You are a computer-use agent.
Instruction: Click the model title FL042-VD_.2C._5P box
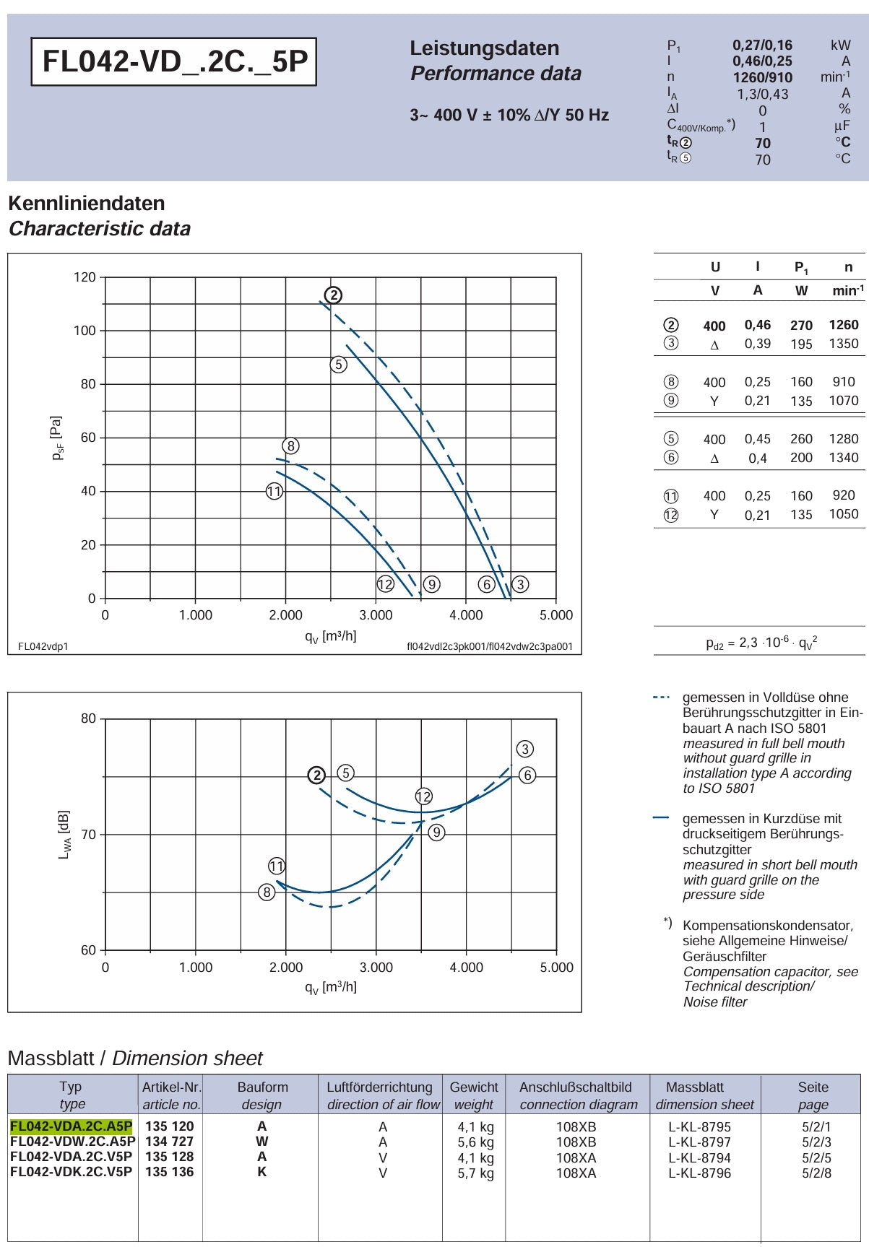tap(173, 61)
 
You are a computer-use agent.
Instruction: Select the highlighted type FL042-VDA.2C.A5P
tap(72, 1126)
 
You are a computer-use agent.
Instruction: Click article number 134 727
tap(170, 1141)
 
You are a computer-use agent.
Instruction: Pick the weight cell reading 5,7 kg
tap(476, 1173)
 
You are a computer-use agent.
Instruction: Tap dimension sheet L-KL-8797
tap(699, 1142)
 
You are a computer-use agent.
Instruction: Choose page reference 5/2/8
tap(816, 1173)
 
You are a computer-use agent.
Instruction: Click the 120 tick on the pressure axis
tap(85, 277)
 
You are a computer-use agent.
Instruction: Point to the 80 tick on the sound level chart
tap(88, 718)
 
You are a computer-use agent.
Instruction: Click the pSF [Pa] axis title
tap(57, 438)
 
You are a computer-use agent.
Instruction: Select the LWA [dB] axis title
tap(64, 834)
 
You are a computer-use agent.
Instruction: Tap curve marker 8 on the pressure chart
tap(290, 446)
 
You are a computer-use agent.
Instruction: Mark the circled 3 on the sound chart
tap(525, 749)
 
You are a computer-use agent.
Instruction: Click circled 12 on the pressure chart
tap(385, 584)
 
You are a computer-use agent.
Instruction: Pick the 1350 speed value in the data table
tap(844, 344)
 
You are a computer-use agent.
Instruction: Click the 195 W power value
tap(801, 344)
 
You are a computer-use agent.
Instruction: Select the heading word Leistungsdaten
tap(485, 48)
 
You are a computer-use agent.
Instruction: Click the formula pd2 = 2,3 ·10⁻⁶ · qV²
tap(761, 642)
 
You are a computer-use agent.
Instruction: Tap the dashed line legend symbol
tap(661, 698)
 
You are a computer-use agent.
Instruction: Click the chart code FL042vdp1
tap(43, 646)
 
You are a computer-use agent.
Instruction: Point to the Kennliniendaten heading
tap(87, 204)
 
